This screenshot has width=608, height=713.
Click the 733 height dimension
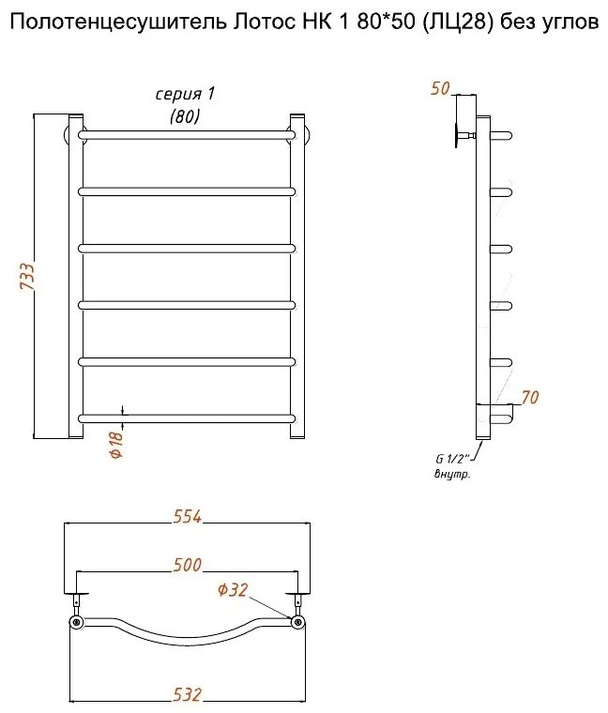point(27,277)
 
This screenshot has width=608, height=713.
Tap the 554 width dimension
point(187,517)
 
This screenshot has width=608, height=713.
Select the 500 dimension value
point(187,565)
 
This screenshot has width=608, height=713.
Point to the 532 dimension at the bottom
point(187,694)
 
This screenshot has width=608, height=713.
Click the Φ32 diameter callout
point(233,590)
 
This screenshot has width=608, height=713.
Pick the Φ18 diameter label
point(116,444)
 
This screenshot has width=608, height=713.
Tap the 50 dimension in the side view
point(440,89)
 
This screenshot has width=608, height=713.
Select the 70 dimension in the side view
point(530,398)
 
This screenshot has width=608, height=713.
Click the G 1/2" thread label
point(450,459)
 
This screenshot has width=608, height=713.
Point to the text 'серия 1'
point(185,95)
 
